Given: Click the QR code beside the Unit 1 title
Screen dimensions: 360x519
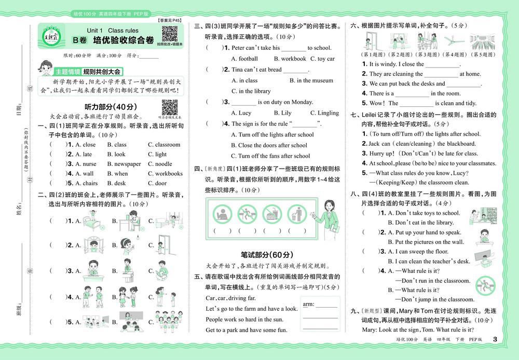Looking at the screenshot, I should click(170, 34).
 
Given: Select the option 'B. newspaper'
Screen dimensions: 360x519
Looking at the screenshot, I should click(124, 164).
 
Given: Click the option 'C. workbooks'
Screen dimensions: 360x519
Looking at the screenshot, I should click(165, 174).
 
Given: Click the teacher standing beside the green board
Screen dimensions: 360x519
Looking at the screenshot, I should click(327, 216).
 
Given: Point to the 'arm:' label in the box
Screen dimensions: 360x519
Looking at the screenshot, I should click(309, 303).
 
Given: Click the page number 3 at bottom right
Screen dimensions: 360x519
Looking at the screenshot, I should click(495, 340).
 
